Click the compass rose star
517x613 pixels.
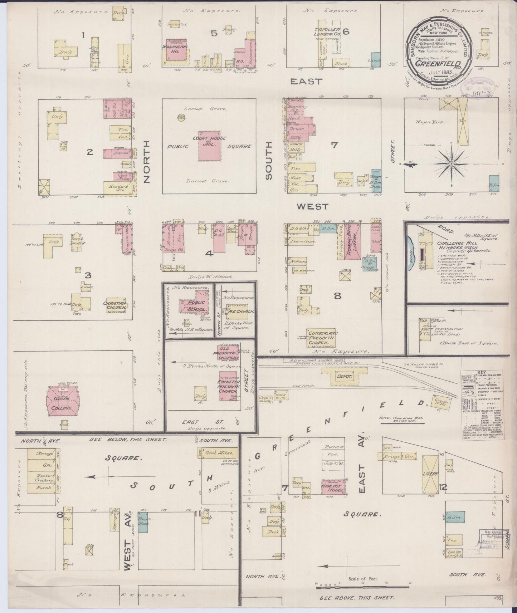452,164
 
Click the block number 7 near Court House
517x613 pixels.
334,145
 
